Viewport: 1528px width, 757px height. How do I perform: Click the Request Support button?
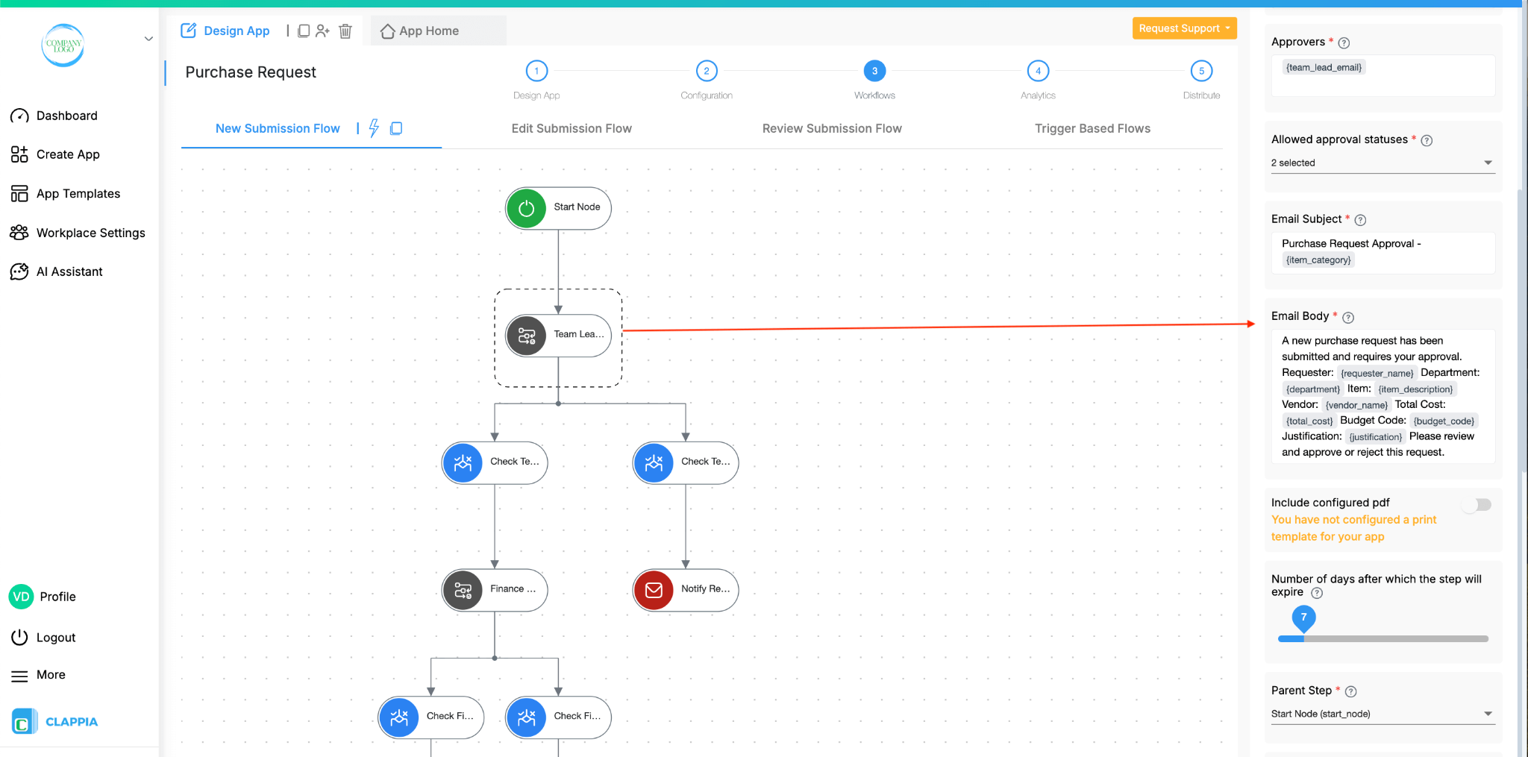1183,28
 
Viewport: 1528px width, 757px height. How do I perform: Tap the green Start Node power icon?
527,208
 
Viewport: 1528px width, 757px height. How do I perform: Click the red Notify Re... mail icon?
654,590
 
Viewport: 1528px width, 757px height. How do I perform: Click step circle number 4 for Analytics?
1038,71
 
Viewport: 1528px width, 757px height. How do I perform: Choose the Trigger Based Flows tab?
1092,128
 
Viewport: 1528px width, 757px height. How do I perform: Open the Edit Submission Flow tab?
572,128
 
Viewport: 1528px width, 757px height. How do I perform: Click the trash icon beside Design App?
345,31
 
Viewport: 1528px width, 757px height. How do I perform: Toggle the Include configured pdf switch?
1478,505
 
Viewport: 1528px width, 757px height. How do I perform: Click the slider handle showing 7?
1303,618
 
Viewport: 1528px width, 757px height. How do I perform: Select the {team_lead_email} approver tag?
1324,67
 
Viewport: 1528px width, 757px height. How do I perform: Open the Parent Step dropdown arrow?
1488,714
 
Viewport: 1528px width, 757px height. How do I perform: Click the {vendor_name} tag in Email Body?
1356,405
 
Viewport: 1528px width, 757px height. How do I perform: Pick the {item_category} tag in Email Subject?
1318,260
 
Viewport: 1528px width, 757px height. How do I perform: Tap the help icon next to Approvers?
1344,43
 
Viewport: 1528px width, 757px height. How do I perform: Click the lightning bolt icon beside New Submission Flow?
374,128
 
